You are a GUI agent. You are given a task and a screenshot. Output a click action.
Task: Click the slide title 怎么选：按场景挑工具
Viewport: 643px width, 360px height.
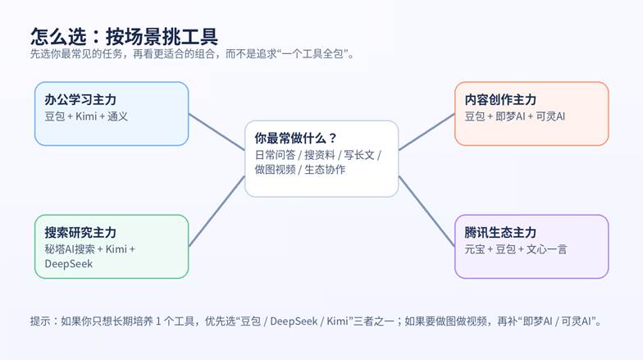(124, 36)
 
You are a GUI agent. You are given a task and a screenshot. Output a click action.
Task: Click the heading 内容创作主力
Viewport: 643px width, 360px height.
(500, 99)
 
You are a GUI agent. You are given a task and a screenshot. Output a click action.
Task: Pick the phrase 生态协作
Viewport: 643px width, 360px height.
(325, 170)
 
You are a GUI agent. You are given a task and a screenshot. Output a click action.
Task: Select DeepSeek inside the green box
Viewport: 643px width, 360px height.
(69, 264)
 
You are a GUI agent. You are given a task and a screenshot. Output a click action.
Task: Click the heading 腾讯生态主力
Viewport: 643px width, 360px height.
(500, 232)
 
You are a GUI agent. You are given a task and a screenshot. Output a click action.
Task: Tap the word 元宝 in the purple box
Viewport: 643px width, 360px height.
(475, 248)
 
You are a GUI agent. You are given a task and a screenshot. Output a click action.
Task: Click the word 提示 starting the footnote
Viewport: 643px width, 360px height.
(39, 321)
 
